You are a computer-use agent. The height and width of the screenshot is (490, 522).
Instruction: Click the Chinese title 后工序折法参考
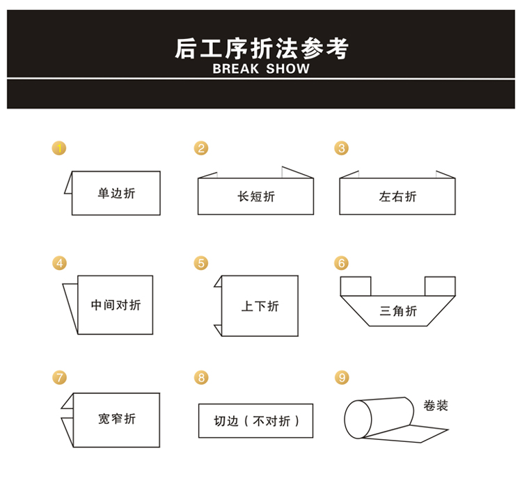pyautogui.click(x=261, y=49)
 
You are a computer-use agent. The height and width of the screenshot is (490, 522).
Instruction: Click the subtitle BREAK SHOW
pyautogui.click(x=261, y=69)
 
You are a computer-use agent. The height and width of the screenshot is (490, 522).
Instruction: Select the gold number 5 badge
pyautogui.click(x=201, y=263)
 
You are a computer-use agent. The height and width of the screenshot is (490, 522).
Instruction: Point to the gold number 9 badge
pyautogui.click(x=341, y=377)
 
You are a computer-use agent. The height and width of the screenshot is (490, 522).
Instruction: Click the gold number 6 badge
pyautogui.click(x=341, y=263)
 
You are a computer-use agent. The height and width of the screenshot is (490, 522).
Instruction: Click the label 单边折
pyautogui.click(x=116, y=193)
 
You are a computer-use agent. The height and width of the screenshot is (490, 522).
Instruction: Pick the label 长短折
pyautogui.click(x=256, y=197)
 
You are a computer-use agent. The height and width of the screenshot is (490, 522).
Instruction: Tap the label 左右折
pyautogui.click(x=397, y=197)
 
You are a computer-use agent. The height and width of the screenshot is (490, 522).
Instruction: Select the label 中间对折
pyautogui.click(x=116, y=305)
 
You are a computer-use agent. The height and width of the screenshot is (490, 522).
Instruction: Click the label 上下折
pyautogui.click(x=260, y=306)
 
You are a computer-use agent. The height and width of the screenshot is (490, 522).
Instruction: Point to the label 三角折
pyautogui.click(x=398, y=310)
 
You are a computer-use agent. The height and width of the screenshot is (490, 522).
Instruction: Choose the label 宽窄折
pyautogui.click(x=117, y=418)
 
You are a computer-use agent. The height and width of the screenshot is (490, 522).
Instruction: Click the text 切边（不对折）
pyautogui.click(x=256, y=421)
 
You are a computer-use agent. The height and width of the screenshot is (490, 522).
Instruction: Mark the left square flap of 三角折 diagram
pyautogui.click(x=355, y=285)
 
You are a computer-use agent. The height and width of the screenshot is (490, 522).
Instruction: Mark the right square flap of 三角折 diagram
pyautogui.click(x=440, y=285)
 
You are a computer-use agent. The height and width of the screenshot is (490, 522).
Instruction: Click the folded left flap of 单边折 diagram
pyautogui.click(x=69, y=184)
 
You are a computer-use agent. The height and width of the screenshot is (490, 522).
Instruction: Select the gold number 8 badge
pyautogui.click(x=201, y=377)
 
